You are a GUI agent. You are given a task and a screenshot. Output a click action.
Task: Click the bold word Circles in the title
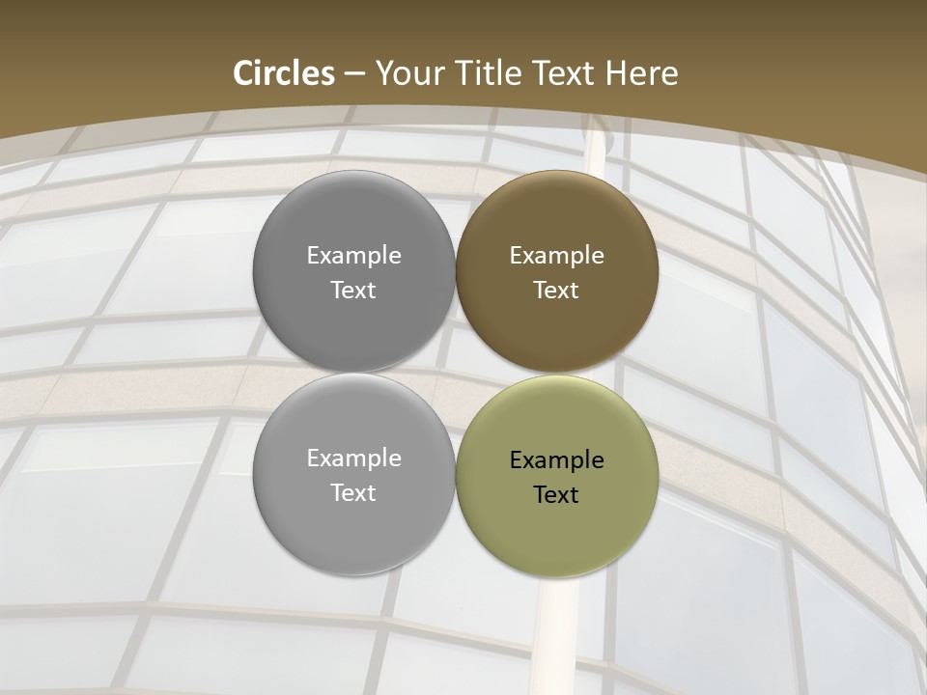284,73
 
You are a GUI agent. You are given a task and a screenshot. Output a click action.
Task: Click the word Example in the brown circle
556,256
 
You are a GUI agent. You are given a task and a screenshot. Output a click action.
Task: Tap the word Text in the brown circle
556,291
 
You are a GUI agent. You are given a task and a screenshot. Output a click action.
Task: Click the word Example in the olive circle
556,460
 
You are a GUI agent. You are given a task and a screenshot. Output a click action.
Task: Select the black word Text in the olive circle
556,495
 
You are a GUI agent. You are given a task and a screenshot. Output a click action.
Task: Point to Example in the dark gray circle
353,256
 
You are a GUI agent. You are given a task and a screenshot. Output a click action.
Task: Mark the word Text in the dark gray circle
353,291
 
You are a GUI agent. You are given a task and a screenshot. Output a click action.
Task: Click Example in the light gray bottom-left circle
353,459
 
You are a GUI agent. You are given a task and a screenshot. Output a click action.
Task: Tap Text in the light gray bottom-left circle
353,493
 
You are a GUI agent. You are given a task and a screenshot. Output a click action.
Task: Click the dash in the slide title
354,74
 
